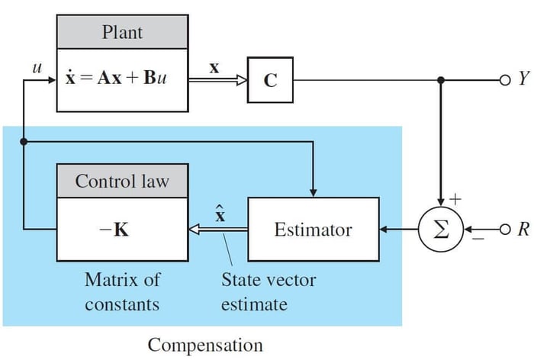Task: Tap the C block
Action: (270, 80)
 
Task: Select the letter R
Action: (523, 229)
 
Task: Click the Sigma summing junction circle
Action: (440, 229)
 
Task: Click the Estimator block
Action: (313, 229)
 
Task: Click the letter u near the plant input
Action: (34, 68)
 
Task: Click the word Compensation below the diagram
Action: (204, 345)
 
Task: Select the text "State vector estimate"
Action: (268, 292)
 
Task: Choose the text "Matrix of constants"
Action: (122, 292)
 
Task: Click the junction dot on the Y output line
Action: (440, 80)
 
